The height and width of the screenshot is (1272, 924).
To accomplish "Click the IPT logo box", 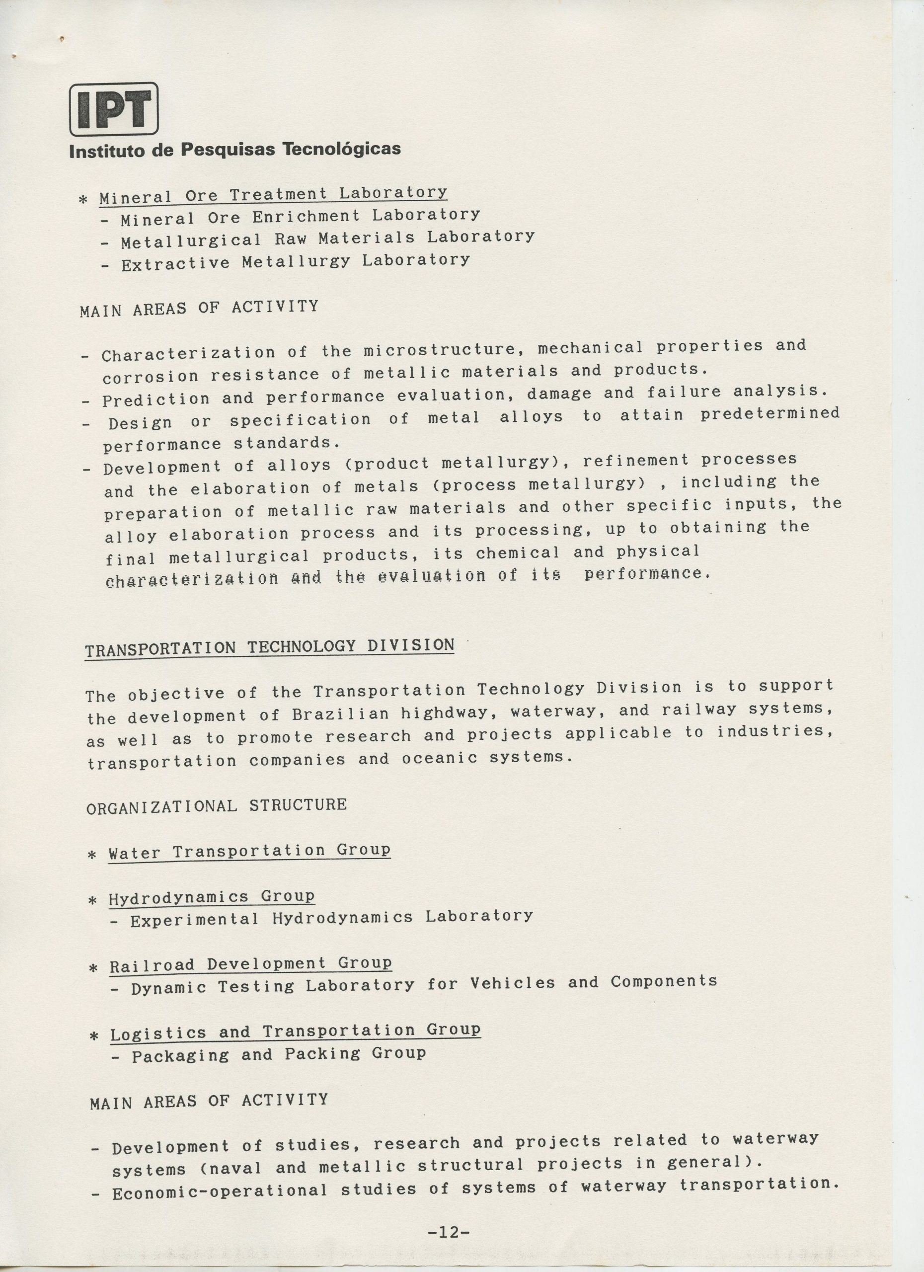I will pyautogui.click(x=114, y=109).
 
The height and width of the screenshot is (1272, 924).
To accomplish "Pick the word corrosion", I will pyautogui.click(x=150, y=376).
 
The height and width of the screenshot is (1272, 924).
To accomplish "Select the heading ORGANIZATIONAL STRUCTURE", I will pyautogui.click(x=217, y=806).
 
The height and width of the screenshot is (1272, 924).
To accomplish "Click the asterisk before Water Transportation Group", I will pyautogui.click(x=93, y=855).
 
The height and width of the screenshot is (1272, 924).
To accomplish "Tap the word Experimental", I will pyautogui.click(x=195, y=920).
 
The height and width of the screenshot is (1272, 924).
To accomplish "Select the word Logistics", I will pyautogui.click(x=158, y=1033).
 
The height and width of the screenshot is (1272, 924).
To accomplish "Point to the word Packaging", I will pyautogui.click(x=180, y=1056).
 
